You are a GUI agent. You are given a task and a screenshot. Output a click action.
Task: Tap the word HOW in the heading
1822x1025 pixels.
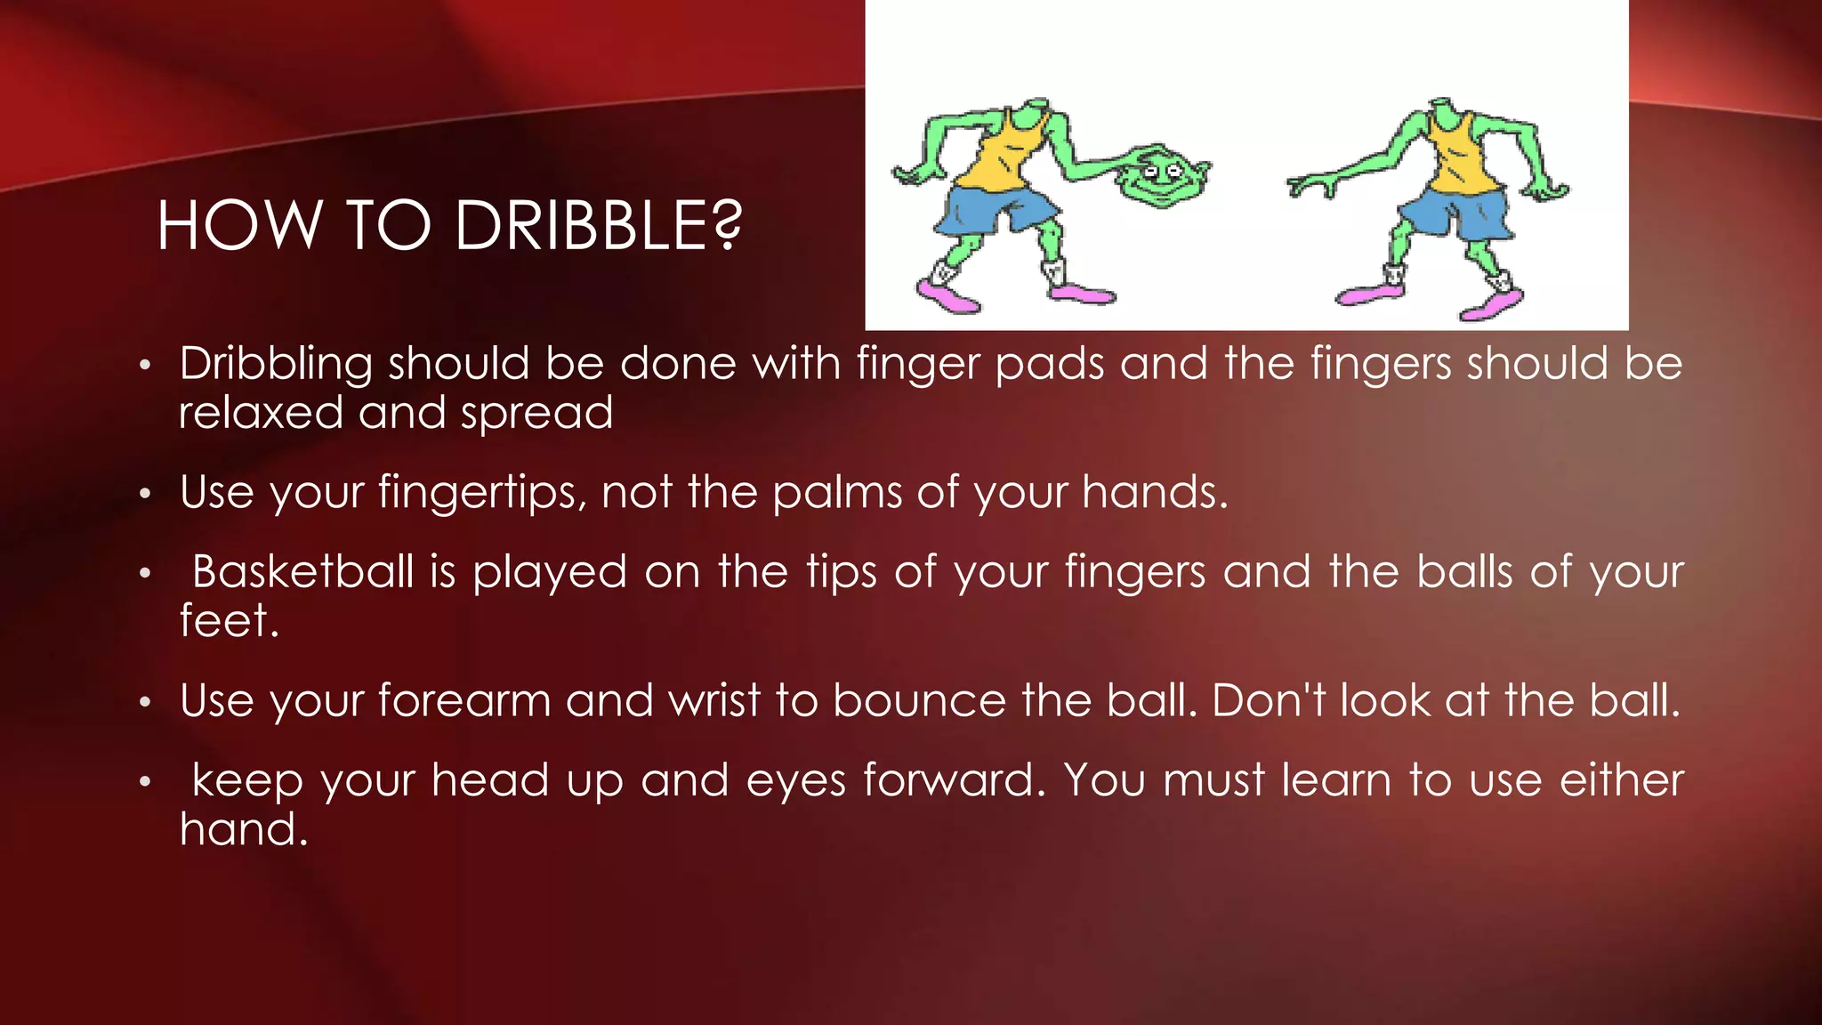[238, 226]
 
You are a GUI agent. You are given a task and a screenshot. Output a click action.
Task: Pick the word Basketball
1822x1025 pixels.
[302, 571]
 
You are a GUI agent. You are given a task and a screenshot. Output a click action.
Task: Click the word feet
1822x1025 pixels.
[229, 620]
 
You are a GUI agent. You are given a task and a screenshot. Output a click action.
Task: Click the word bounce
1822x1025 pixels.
[919, 700]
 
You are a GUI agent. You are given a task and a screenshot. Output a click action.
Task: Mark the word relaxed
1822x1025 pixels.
[261, 413]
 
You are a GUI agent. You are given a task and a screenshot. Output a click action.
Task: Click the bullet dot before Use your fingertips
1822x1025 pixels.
[146, 493]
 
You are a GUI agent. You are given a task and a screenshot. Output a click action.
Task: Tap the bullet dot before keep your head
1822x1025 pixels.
[146, 782]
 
